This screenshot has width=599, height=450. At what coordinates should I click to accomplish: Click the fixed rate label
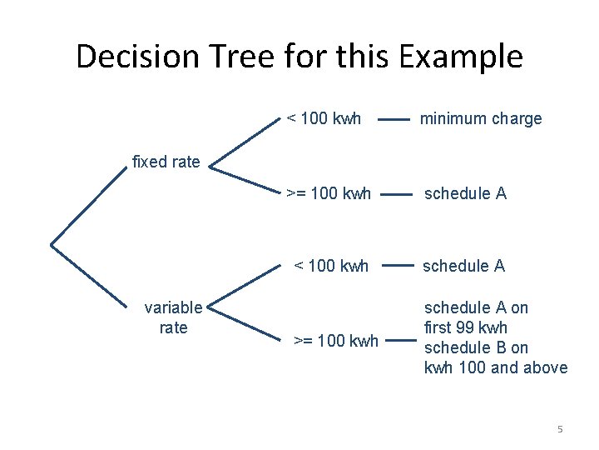(166, 162)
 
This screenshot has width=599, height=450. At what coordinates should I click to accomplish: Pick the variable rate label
(173, 317)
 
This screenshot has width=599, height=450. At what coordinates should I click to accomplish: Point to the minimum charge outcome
(481, 118)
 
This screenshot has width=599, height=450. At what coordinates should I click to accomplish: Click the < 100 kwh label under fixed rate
(324, 118)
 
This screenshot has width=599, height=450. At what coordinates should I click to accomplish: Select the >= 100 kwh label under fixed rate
(329, 193)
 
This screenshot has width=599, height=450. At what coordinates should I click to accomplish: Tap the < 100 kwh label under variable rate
(331, 266)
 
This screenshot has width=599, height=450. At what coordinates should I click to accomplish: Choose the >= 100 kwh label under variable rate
(336, 341)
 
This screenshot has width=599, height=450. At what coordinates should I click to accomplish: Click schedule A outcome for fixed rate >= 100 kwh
(465, 193)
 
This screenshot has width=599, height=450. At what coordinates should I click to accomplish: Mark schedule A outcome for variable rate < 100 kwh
(463, 266)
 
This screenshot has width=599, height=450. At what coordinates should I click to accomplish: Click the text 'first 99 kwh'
(466, 327)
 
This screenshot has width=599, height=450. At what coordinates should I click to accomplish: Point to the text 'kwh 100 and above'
(496, 367)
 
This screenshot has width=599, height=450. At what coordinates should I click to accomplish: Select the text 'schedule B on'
(476, 347)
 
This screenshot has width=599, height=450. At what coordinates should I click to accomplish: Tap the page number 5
(560, 429)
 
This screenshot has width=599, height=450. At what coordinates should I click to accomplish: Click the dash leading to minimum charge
(394, 119)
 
